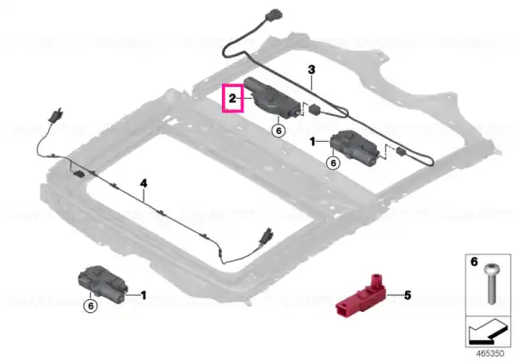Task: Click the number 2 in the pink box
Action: [x=232, y=98]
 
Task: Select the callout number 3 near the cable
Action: [x=311, y=70]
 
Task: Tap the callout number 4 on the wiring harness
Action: [x=144, y=183]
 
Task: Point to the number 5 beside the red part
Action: [x=408, y=295]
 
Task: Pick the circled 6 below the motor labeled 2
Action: [x=279, y=131]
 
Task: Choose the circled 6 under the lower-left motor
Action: [x=90, y=306]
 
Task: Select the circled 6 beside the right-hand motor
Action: [x=333, y=162]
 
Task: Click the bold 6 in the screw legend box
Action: [x=474, y=261]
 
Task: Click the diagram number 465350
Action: [x=490, y=353]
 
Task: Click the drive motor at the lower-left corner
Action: [x=102, y=284]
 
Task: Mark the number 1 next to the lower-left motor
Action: [x=144, y=295]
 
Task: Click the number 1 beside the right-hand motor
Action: [x=312, y=142]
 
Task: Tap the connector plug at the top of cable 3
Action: [x=275, y=15]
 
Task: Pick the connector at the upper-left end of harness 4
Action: [x=56, y=114]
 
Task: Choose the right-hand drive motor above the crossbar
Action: [x=354, y=148]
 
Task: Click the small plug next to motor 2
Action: [x=315, y=108]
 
